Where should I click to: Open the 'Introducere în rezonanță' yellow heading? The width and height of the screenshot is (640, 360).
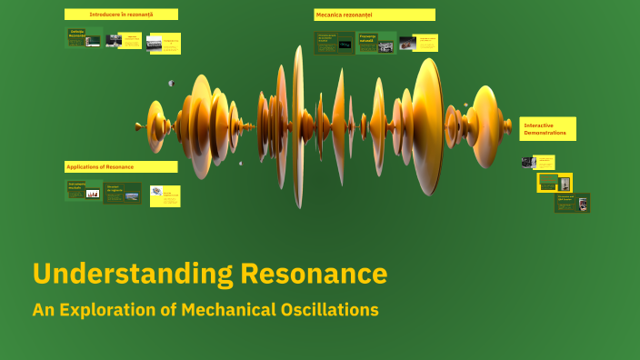(x=121, y=15)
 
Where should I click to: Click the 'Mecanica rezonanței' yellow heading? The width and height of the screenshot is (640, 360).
(x=374, y=15)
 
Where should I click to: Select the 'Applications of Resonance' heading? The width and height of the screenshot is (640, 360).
(x=121, y=166)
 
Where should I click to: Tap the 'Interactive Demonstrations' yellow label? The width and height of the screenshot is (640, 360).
(x=547, y=128)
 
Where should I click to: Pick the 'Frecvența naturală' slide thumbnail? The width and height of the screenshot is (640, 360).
(x=375, y=43)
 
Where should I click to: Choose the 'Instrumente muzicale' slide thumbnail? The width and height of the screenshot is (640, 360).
(x=83, y=190)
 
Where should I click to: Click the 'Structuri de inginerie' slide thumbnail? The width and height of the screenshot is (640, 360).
(x=122, y=193)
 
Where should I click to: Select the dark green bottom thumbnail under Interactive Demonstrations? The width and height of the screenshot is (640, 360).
(x=572, y=203)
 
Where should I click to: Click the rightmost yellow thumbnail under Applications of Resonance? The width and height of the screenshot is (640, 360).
(x=165, y=195)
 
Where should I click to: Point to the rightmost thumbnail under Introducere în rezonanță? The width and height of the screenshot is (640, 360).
(x=164, y=43)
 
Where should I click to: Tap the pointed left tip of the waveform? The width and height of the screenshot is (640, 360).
(x=137, y=126)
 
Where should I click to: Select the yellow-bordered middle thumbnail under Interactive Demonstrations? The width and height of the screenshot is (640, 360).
(x=555, y=182)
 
